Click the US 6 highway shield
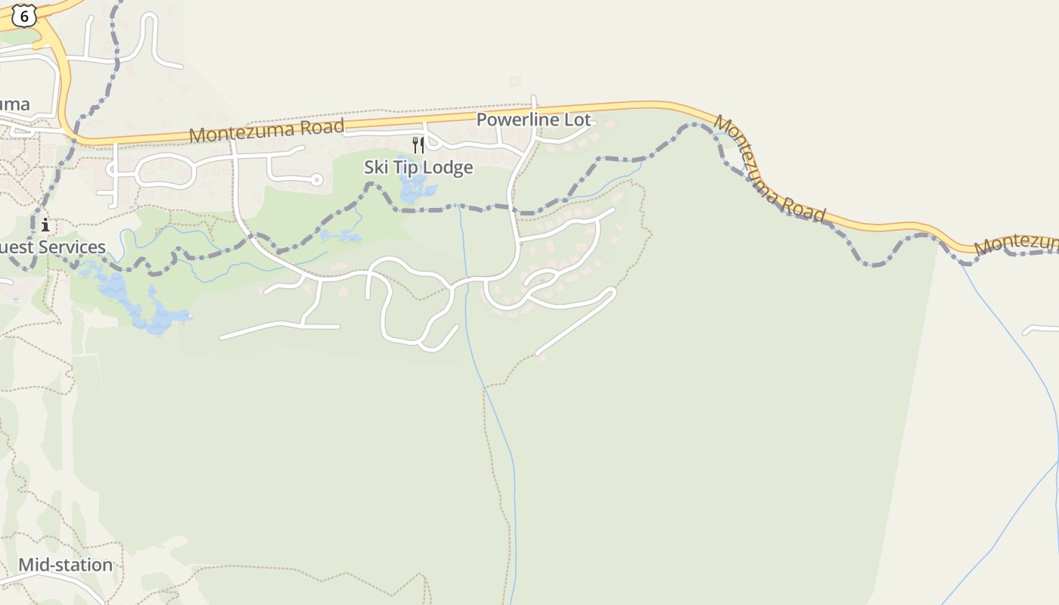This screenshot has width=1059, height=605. (x=24, y=14)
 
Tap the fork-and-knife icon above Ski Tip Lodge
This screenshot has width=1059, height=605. (x=418, y=144)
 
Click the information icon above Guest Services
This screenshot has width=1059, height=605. (x=45, y=225)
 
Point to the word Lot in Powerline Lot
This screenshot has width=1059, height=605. (x=577, y=119)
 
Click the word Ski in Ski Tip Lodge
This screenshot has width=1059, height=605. (x=377, y=167)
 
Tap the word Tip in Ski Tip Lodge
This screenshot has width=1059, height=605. (x=406, y=167)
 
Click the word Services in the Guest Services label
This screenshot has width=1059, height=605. (x=73, y=247)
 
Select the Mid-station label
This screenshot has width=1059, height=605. (x=65, y=565)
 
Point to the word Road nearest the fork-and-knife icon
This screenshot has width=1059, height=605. (x=318, y=127)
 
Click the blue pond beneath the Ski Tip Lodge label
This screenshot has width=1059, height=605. (x=413, y=188)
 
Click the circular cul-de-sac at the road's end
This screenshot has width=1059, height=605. (x=317, y=180)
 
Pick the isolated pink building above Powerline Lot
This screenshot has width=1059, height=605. (x=516, y=81)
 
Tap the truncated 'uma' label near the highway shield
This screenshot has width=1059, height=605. (x=15, y=104)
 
